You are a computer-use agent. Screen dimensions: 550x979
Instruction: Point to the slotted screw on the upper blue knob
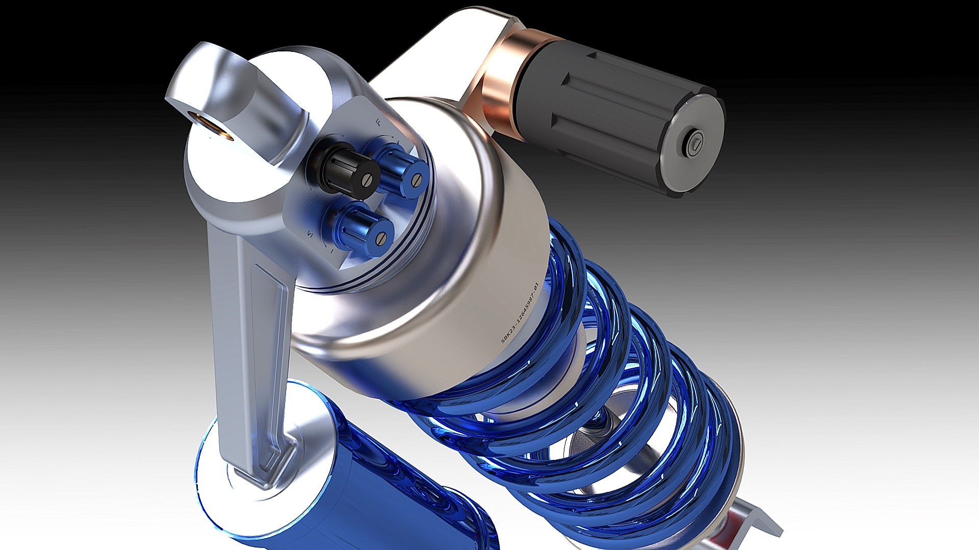(418, 179)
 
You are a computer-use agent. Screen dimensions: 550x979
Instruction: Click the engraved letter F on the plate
(377, 121)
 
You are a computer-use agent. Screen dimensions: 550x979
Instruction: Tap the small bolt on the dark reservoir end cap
(695, 144)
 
